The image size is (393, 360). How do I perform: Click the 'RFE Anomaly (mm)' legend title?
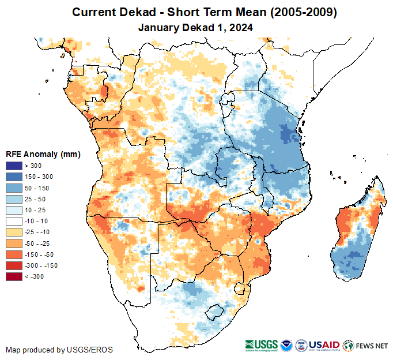[x=43, y=155]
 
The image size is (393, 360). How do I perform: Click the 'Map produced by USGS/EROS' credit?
[x=59, y=350]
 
